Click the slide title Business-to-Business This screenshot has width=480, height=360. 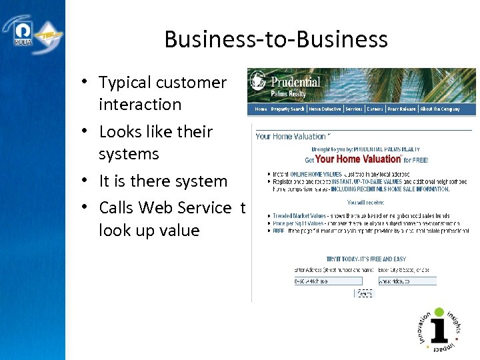click(276, 39)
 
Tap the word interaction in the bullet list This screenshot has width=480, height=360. click(140, 105)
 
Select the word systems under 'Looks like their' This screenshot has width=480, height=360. click(129, 154)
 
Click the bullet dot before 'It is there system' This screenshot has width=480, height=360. click(87, 180)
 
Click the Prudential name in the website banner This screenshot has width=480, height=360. click(295, 82)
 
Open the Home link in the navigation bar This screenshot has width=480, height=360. click(261, 109)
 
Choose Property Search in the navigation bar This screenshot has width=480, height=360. click(288, 109)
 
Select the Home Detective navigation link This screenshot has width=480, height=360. click(325, 109)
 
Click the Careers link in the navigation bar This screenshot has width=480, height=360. click(375, 109)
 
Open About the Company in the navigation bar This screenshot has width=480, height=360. click(440, 109)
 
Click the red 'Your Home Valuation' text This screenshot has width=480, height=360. click(357, 159)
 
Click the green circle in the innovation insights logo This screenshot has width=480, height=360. click(438, 312)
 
